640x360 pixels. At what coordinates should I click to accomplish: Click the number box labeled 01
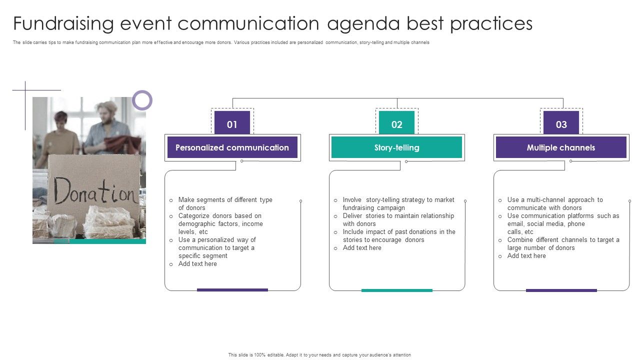[232, 124]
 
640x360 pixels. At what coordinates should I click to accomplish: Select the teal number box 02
[396, 124]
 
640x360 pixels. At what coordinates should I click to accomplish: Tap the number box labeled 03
[561, 124]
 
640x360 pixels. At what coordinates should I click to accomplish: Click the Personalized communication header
[232, 147]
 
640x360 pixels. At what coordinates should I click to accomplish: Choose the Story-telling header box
[396, 147]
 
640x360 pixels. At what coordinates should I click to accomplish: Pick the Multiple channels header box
[561, 147]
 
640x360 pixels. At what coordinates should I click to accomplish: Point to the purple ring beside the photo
[142, 100]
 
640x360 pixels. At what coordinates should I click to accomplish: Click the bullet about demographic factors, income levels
[220, 223]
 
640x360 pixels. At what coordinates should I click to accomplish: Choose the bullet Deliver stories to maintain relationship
[398, 219]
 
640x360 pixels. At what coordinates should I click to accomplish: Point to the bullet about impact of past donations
[398, 235]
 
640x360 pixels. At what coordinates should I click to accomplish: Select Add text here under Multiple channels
[526, 255]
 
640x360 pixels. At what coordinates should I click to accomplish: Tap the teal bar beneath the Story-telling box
[396, 290]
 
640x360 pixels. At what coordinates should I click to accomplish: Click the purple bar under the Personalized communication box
[232, 289]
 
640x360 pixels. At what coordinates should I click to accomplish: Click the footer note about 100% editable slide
[319, 355]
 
